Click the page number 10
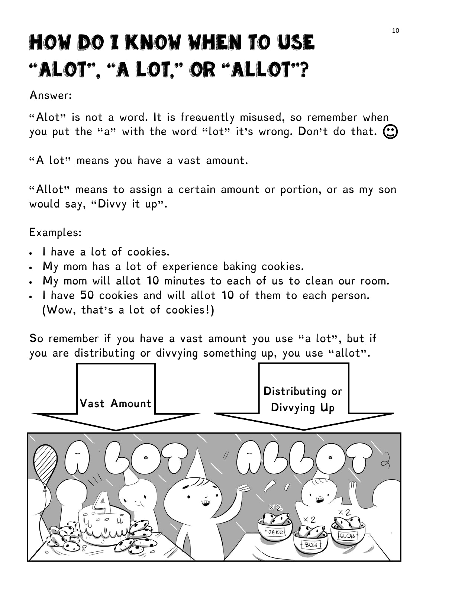click(x=395, y=30)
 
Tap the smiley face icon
click(x=390, y=131)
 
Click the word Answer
click(x=50, y=96)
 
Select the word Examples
click(x=55, y=233)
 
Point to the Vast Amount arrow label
click(x=115, y=403)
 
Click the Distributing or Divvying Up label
click(x=303, y=399)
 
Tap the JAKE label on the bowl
click(x=275, y=532)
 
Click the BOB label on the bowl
click(x=310, y=545)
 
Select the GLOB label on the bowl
click(x=347, y=536)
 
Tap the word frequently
click(x=207, y=118)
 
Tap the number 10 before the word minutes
click(x=153, y=281)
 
